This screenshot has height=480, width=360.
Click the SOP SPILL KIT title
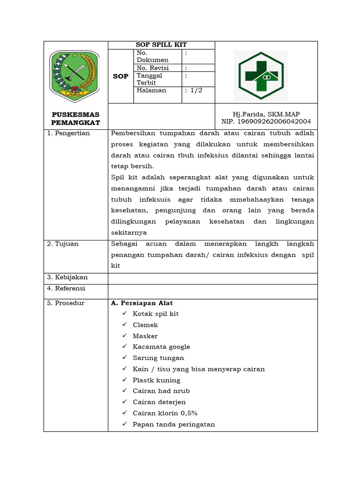click(x=161, y=45)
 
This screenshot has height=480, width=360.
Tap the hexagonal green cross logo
click(x=261, y=75)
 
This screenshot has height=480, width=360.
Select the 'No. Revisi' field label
click(x=152, y=68)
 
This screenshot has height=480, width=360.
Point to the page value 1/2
click(x=194, y=90)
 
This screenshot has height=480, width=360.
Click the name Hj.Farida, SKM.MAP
click(x=266, y=114)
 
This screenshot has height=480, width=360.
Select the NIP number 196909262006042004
click(x=266, y=121)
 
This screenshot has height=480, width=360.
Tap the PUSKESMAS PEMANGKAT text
click(x=75, y=118)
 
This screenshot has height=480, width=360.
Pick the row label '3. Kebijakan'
click(x=67, y=277)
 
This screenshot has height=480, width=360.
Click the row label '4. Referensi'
click(x=66, y=288)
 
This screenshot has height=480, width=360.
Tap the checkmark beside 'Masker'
click(x=124, y=336)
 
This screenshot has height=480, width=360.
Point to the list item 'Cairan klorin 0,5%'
click(x=165, y=413)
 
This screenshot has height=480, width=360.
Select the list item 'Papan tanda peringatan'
click(x=173, y=424)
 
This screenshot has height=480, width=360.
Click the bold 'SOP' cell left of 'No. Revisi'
click(x=120, y=76)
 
